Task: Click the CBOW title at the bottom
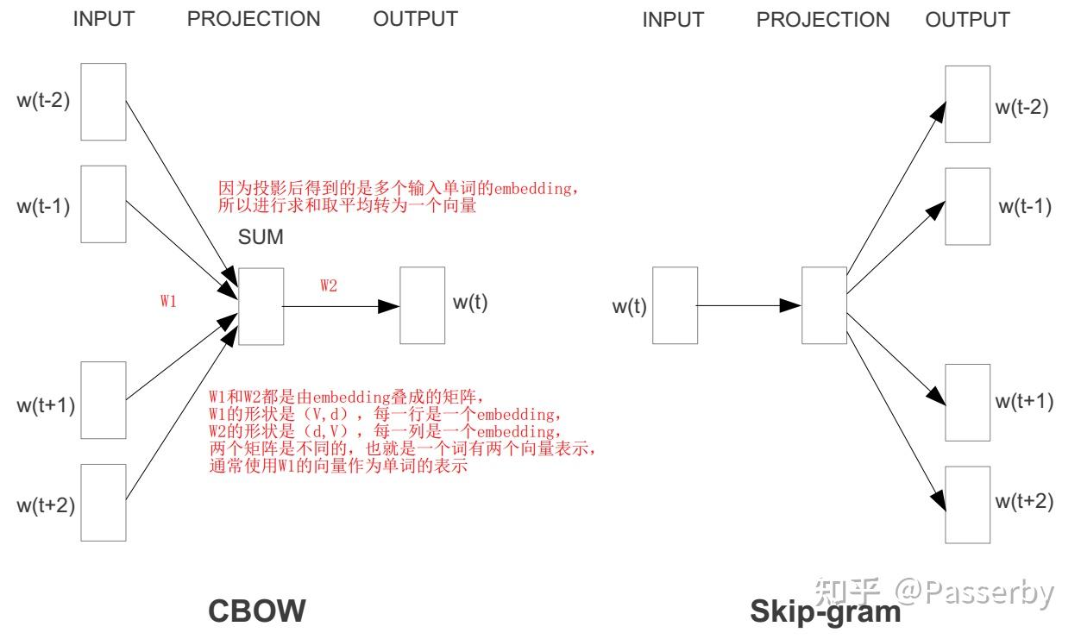click(257, 611)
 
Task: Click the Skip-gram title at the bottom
click(826, 611)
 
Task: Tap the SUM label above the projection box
click(261, 237)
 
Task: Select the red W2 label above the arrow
click(329, 286)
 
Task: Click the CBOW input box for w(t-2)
click(104, 101)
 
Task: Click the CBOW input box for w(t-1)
click(104, 204)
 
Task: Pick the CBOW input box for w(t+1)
click(104, 401)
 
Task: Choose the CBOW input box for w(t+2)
click(104, 503)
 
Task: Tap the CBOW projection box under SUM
click(261, 306)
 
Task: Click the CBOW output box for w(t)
click(423, 305)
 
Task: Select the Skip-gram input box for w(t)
click(675, 305)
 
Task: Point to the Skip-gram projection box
click(824, 305)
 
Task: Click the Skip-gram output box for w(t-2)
click(967, 104)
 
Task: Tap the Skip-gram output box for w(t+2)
click(967, 504)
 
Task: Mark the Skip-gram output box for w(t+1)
click(967, 403)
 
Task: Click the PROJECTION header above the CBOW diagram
click(254, 19)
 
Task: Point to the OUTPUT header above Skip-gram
click(967, 20)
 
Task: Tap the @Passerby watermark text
click(974, 592)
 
